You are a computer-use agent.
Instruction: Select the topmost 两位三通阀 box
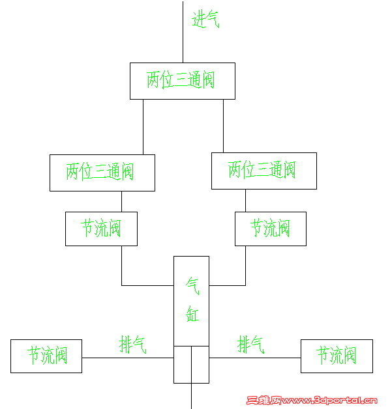tap(181, 81)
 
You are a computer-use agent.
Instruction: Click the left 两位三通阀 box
tap(102, 173)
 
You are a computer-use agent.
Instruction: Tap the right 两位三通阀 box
tap(263, 171)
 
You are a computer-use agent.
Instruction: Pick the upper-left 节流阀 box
tap(101, 229)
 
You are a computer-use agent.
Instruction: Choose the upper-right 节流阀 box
tap(270, 229)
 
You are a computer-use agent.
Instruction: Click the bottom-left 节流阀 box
tap(46, 356)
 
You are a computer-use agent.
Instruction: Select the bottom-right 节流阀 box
tap(337, 356)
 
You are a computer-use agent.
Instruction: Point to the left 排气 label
tap(132, 345)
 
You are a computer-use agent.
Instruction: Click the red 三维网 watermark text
tap(263, 400)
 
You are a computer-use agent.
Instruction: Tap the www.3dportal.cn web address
tap(329, 400)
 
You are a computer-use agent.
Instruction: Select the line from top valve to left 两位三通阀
tap(143, 127)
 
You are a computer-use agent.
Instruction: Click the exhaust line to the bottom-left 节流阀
tap(127, 357)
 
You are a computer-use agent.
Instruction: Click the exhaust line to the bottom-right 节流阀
tap(254, 357)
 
